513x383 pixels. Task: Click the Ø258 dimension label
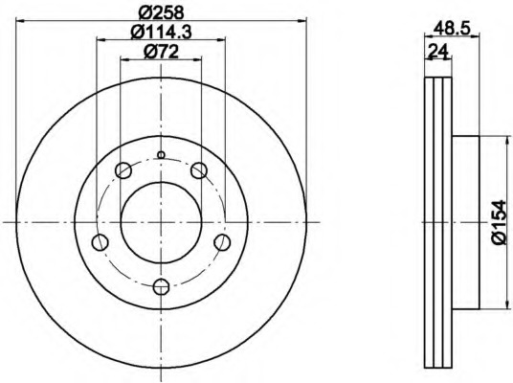pos(161,12)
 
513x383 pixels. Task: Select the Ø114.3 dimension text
pos(161,33)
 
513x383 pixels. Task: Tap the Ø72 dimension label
pos(162,52)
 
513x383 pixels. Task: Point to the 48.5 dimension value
pos(452,29)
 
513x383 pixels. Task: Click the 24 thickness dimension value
pos(437,51)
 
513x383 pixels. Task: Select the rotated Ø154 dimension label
pos(500,222)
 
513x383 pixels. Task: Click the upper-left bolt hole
pos(123,170)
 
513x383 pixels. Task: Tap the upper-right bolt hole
pos(199,170)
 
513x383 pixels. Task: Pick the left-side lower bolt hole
pos(100,242)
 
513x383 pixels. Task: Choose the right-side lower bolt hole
pos(222,242)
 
